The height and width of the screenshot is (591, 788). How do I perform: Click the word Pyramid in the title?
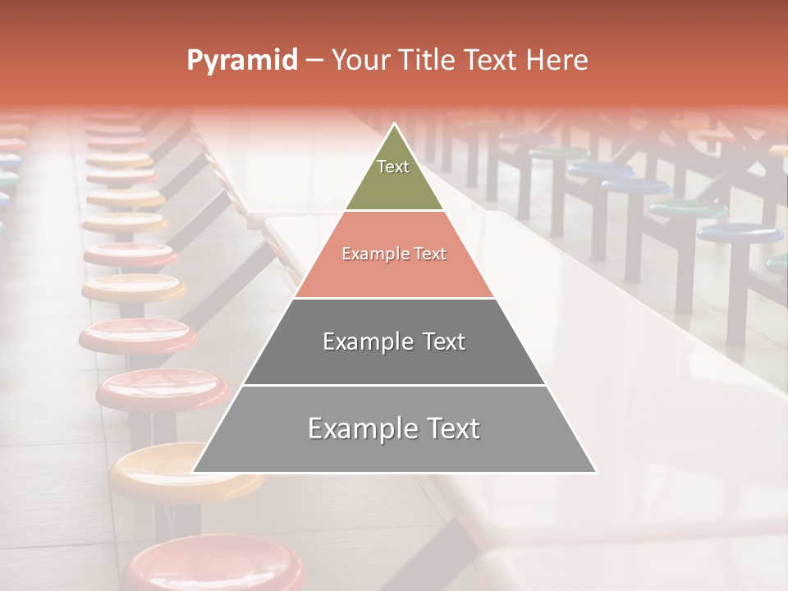click(x=241, y=61)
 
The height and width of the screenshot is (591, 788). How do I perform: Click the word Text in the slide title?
click(x=491, y=61)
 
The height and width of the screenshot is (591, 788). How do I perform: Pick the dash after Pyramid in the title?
click(x=314, y=61)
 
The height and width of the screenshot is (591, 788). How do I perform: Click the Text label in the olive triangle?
click(x=393, y=167)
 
